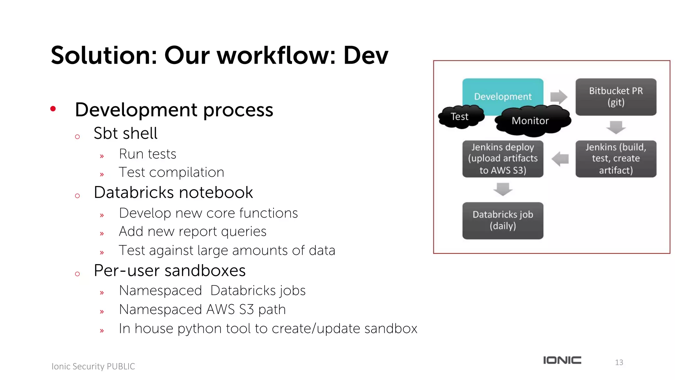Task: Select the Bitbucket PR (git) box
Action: click(x=616, y=97)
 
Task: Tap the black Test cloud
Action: click(x=460, y=117)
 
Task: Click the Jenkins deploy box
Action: click(x=503, y=159)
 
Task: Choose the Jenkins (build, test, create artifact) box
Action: click(x=616, y=159)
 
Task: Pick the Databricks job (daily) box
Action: click(x=503, y=220)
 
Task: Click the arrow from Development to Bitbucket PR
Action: click(x=559, y=97)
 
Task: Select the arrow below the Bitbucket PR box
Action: click(x=616, y=127)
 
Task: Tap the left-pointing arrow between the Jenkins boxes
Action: click(x=560, y=159)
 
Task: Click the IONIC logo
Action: click(x=562, y=360)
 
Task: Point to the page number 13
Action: click(x=619, y=363)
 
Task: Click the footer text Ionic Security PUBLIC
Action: click(x=93, y=366)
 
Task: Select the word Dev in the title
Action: click(x=366, y=55)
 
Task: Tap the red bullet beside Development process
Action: click(x=53, y=109)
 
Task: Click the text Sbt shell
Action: click(x=125, y=134)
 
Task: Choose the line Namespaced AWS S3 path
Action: click(x=202, y=309)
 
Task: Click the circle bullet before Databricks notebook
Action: click(x=77, y=196)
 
